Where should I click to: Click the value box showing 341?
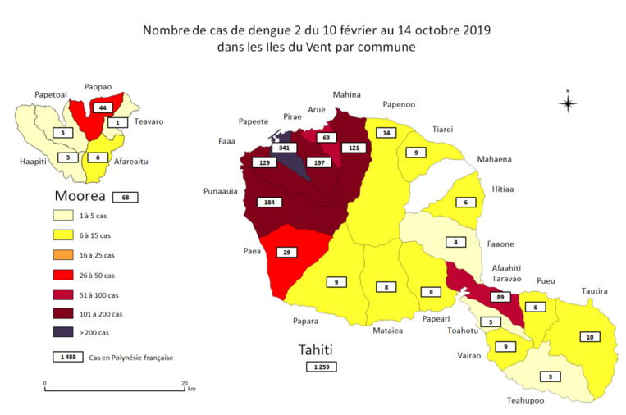286,148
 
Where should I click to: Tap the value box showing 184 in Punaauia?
267,202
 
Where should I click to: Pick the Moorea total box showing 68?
126,197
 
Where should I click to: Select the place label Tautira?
595,290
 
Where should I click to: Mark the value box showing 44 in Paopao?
103,108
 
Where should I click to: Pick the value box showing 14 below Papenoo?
385,133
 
